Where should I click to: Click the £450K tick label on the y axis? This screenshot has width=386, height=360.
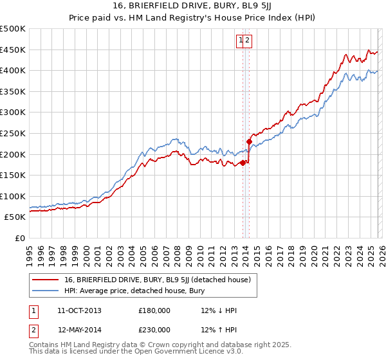click(13, 50)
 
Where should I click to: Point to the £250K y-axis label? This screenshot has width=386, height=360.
click(13, 133)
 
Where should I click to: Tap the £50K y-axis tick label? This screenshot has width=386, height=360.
click(15, 217)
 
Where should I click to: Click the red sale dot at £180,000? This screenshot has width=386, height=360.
click(243, 163)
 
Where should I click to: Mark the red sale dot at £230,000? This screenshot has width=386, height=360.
click(249, 141)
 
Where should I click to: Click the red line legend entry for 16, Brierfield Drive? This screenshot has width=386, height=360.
click(161, 280)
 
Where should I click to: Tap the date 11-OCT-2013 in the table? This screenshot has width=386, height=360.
click(79, 310)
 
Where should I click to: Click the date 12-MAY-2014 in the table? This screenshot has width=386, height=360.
click(79, 330)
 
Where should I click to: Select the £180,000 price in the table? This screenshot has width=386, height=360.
click(154, 310)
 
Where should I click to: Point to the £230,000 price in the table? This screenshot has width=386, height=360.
click(154, 330)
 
